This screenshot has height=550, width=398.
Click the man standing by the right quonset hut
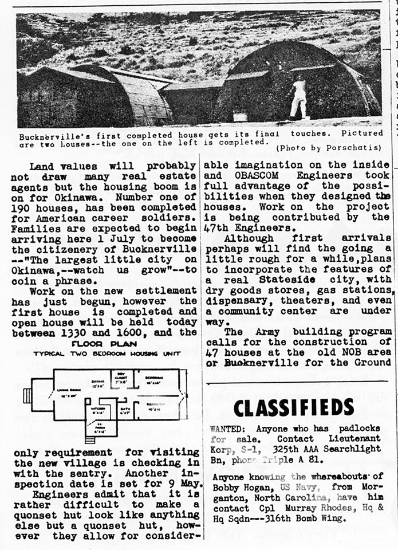(x=298, y=97)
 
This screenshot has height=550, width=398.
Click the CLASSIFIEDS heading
(x=293, y=407)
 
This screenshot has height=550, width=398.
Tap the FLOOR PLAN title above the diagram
(x=104, y=344)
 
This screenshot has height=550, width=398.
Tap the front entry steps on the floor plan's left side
(x=27, y=395)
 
